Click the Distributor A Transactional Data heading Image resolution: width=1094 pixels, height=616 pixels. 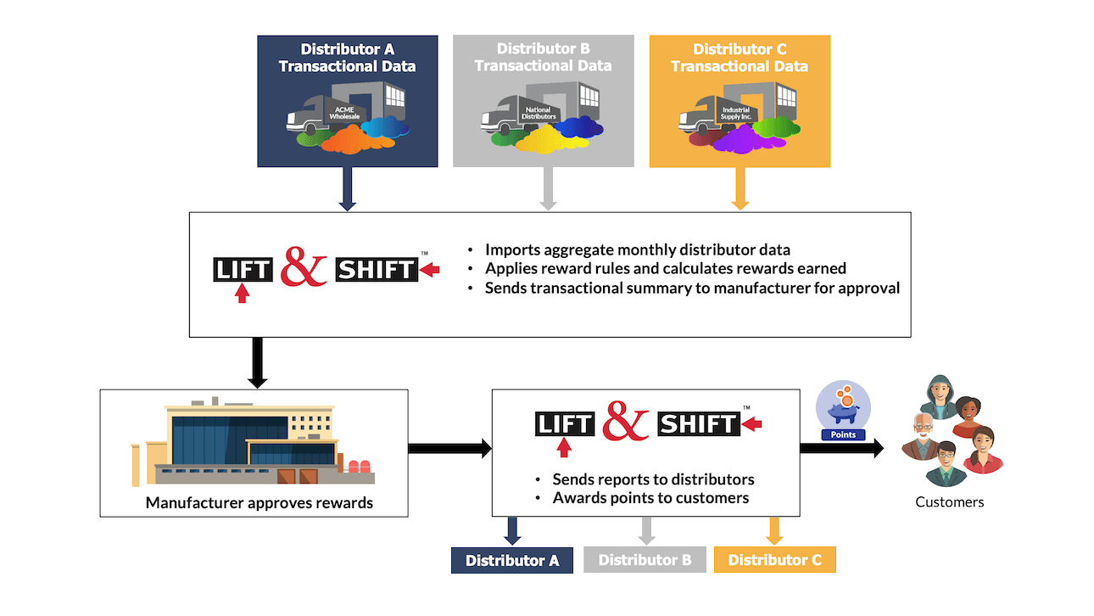coord(347,58)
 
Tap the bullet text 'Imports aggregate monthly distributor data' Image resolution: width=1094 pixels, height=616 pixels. coord(637,249)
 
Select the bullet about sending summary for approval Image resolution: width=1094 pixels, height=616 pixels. coord(691,288)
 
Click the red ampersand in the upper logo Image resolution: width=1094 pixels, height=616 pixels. coord(303,266)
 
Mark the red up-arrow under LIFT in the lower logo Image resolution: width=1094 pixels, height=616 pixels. coord(565,448)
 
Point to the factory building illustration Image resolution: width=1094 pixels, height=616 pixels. coord(253,441)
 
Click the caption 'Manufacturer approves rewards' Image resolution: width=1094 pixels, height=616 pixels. coord(259,502)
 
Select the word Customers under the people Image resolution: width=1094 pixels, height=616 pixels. coord(949,501)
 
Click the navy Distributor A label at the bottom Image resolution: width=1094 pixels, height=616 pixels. coord(511,560)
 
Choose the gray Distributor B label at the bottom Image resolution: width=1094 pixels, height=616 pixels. coord(645,560)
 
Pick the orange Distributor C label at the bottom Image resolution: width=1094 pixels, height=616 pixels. coord(774,560)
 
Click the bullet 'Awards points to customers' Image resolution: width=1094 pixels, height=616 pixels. coord(650,498)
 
